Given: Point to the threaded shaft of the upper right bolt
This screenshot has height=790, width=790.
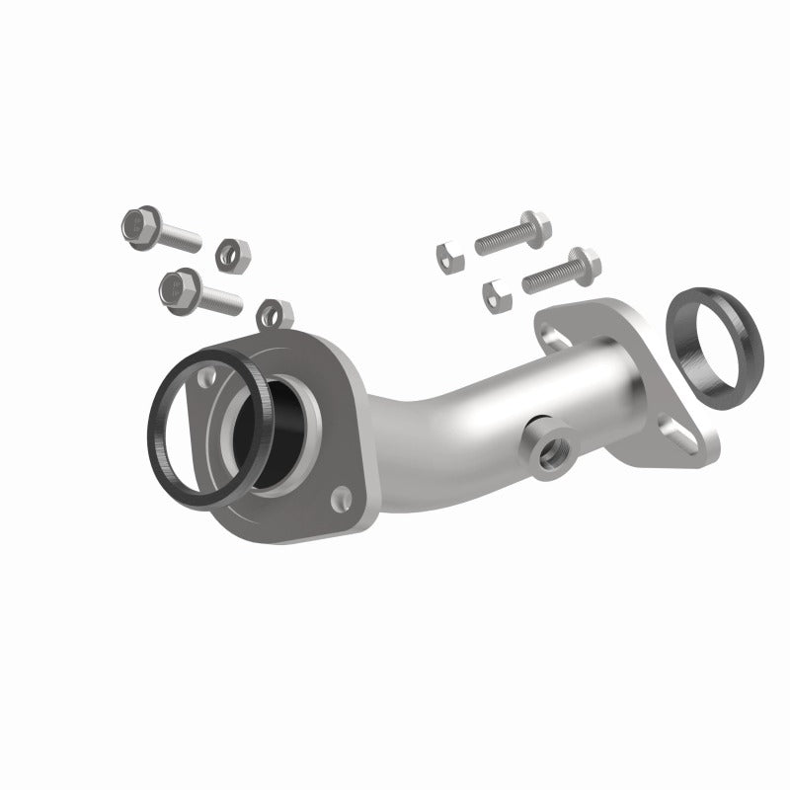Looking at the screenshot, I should [499, 237].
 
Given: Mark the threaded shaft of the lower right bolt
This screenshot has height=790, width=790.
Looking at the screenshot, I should [545, 275].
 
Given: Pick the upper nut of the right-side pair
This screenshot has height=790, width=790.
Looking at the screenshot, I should [449, 256].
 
